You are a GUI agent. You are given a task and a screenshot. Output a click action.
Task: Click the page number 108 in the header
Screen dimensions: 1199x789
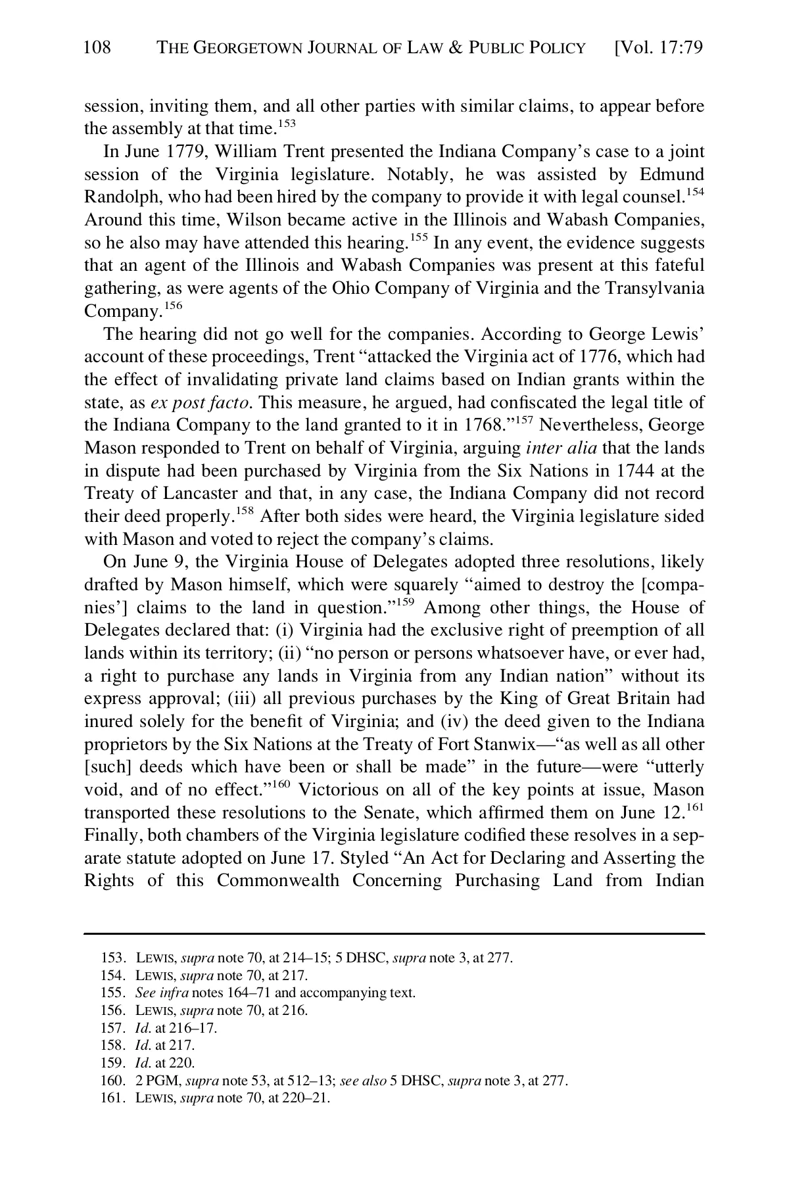[98, 47]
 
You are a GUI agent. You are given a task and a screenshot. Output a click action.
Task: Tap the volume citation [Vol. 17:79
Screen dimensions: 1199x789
[657, 48]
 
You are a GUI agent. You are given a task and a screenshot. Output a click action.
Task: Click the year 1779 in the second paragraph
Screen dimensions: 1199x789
[187, 152]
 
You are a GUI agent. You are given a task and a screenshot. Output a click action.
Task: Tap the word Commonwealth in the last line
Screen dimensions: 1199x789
[277, 882]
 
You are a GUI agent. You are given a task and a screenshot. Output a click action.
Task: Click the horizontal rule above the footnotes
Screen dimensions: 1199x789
[394, 933]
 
